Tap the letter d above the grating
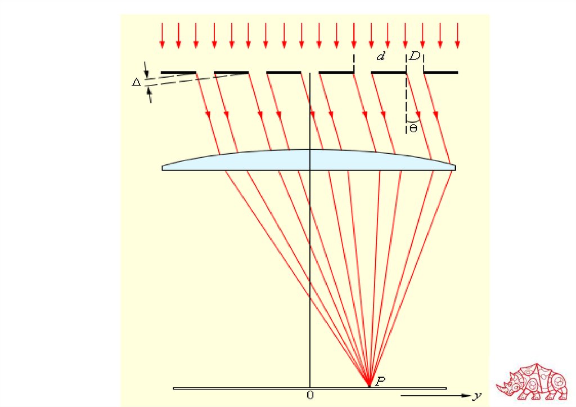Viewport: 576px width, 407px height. pyautogui.click(x=380, y=57)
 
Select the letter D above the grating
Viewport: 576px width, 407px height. pyautogui.click(x=414, y=57)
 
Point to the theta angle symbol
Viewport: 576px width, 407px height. pyautogui.click(x=413, y=129)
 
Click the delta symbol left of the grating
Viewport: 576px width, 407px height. pyautogui.click(x=136, y=82)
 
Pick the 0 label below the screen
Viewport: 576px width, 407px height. pyautogui.click(x=310, y=395)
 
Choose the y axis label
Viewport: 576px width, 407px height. pyautogui.click(x=478, y=396)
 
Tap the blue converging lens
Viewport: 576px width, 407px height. pyautogui.click(x=309, y=160)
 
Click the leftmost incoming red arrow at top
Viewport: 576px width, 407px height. pyautogui.click(x=162, y=35)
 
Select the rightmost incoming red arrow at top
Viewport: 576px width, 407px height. pyautogui.click(x=457, y=35)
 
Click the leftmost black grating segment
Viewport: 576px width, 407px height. pyautogui.click(x=178, y=73)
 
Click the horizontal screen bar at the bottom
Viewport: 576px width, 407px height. pyautogui.click(x=253, y=388)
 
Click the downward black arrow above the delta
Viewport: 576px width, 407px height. pyautogui.click(x=146, y=71)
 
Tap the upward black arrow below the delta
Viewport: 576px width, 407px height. pyautogui.click(x=150, y=96)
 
